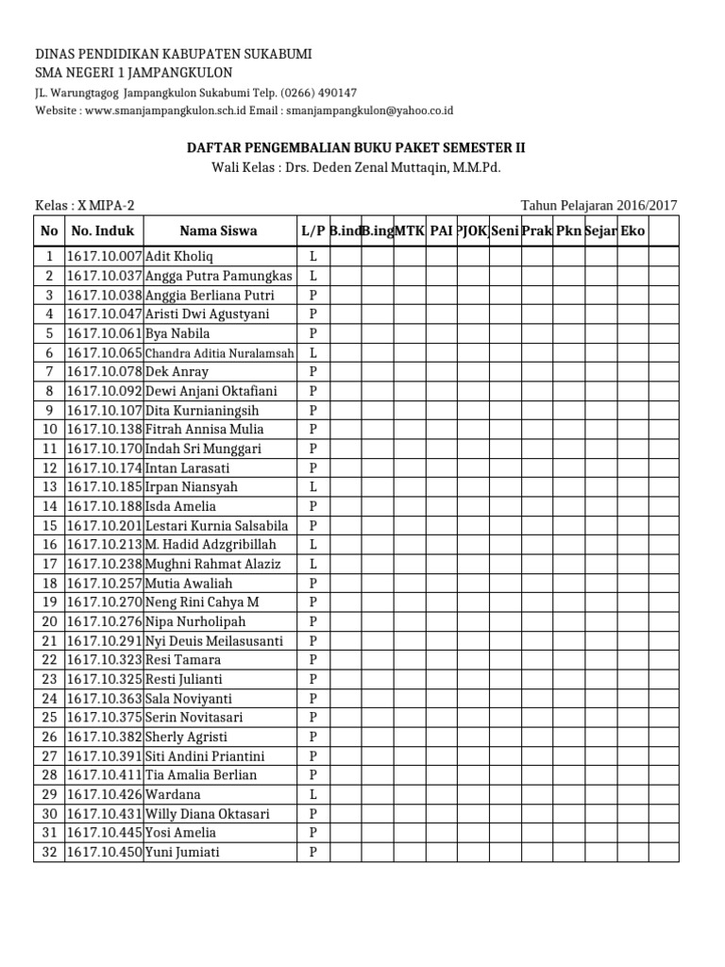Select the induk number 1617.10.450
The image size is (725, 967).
pos(103,853)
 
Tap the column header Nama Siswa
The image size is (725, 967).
pos(218,231)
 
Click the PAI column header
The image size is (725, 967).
pos(441,231)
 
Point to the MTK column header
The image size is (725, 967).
pos(409,231)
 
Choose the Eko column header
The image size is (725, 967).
pos(632,231)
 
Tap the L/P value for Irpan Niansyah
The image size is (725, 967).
pos(312,487)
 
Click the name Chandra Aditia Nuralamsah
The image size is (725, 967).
pos(218,353)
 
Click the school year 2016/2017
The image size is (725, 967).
pos(647,206)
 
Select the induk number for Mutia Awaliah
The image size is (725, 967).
pos(103,584)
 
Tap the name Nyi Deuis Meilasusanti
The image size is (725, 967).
pos(213,641)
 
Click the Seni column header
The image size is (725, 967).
pos(505,231)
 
